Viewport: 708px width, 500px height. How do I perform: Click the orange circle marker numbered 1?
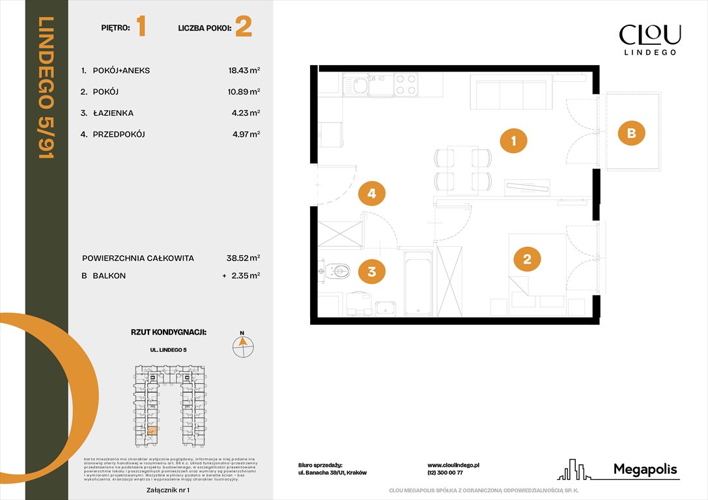513,140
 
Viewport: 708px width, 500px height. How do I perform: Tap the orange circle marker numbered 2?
527,259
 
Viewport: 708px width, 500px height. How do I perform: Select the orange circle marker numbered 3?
371,271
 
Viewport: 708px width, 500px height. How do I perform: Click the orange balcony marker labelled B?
630,133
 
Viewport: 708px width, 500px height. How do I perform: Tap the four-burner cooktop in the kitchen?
406,85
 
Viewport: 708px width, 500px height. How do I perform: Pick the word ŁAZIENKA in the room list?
113,113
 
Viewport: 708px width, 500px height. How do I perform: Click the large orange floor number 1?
141,27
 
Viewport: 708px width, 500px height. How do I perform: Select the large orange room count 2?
243,27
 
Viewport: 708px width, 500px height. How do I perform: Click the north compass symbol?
243,345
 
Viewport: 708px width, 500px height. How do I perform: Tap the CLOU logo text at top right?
649,34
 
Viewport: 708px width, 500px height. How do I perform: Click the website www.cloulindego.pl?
453,465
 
